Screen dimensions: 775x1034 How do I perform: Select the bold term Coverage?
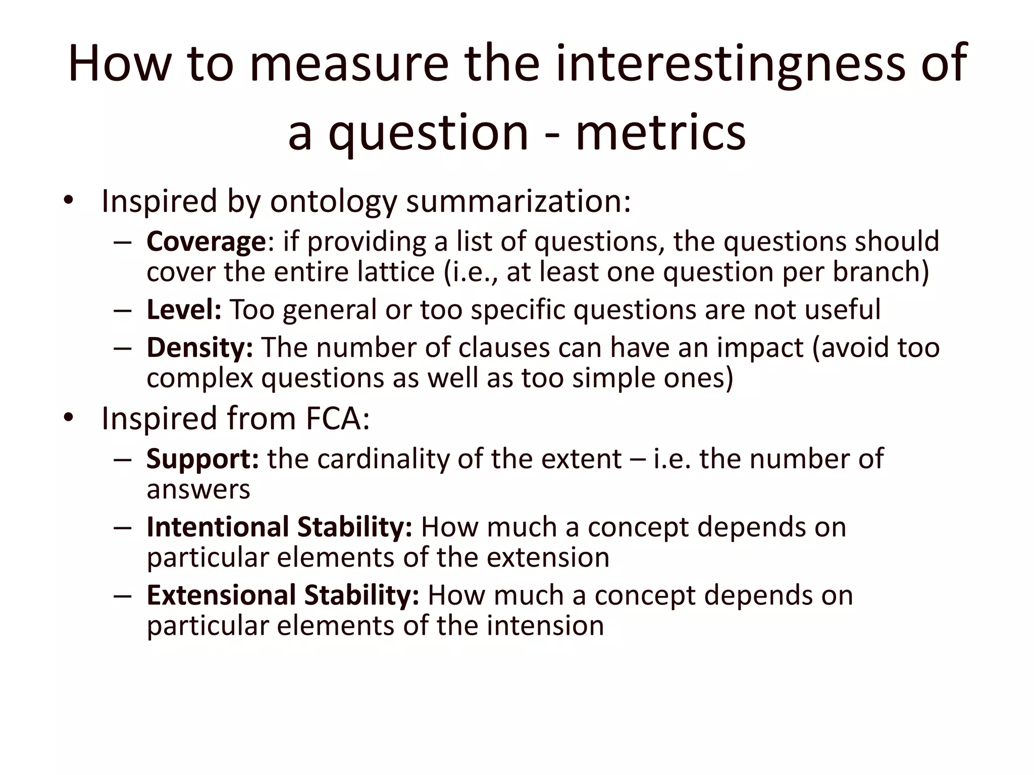(206, 242)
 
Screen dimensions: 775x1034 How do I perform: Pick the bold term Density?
(200, 348)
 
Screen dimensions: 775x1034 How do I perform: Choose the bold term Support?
(202, 459)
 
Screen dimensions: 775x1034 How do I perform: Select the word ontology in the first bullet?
(334, 202)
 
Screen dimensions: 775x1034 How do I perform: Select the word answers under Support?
(198, 490)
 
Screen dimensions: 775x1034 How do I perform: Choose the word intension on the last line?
(545, 626)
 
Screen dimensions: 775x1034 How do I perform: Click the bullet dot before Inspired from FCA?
(69, 418)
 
